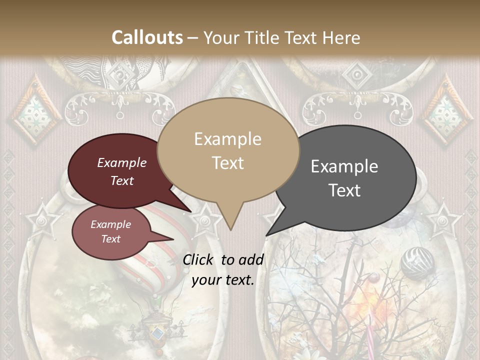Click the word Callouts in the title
(x=147, y=37)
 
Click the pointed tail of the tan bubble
(x=230, y=225)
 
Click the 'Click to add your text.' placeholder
(x=223, y=270)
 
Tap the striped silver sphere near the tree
(x=417, y=263)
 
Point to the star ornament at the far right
(x=443, y=220)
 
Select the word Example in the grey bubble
(x=344, y=166)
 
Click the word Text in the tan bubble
(x=228, y=163)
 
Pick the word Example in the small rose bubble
(x=110, y=225)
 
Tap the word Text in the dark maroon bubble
(x=122, y=181)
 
